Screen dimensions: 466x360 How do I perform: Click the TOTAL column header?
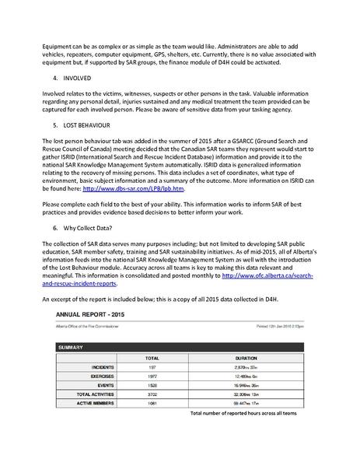[152, 358]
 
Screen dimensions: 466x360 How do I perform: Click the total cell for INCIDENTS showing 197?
[152, 366]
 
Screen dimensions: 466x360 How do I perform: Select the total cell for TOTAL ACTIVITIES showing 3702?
[152, 394]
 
